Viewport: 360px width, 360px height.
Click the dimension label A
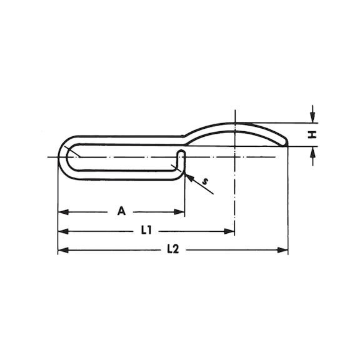pos(121,211)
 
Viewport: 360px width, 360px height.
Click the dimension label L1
pos(146,230)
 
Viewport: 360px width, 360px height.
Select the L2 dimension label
pos(173,249)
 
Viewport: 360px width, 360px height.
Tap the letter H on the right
pos(312,135)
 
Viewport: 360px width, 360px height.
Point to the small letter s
pos(206,182)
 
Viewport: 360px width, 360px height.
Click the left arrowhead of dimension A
pos(63,212)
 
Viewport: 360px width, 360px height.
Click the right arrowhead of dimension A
pos(179,212)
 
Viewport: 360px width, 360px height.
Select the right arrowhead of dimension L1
pos(229,231)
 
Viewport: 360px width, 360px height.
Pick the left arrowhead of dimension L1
pos(63,231)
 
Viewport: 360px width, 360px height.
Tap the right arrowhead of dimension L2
pos(282,250)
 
